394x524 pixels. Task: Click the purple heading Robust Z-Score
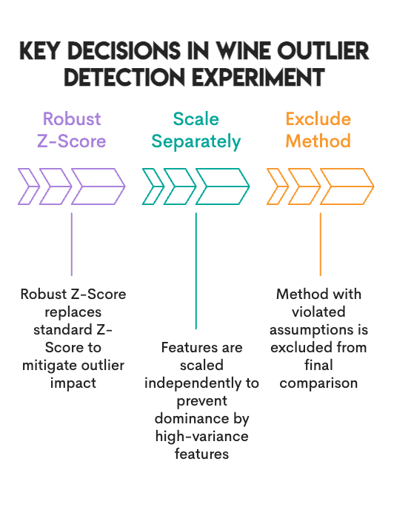[x=72, y=130]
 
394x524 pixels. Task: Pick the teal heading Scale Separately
[x=196, y=130]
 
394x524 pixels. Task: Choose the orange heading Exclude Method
[x=318, y=130]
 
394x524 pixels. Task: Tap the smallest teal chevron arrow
[x=152, y=187]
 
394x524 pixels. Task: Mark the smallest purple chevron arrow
[x=28, y=187]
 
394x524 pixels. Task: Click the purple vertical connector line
[x=72, y=244]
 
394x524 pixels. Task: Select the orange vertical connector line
[x=320, y=244]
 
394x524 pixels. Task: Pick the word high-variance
[x=201, y=436]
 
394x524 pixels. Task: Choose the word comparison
[x=318, y=383]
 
